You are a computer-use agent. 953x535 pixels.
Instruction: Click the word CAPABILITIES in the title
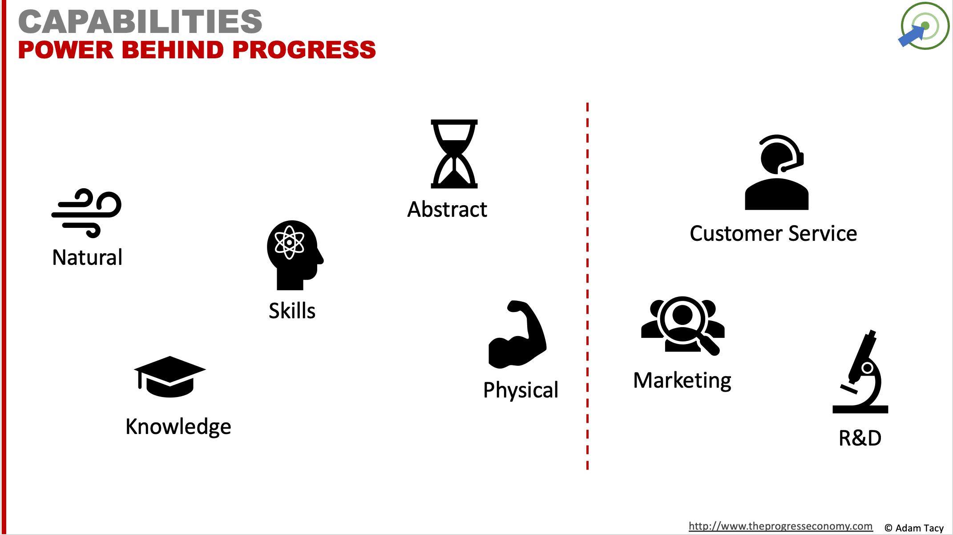[140, 22]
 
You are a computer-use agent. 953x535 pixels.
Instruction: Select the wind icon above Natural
[86, 213]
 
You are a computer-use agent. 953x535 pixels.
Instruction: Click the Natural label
[87, 257]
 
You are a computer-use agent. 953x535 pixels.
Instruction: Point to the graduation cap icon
[170, 377]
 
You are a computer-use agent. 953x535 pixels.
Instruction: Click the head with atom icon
[295, 255]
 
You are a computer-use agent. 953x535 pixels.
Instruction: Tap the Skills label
[292, 311]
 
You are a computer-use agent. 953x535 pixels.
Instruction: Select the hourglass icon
[454, 154]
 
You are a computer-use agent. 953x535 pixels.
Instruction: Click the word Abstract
[447, 209]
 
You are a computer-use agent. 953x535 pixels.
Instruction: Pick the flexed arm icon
[517, 335]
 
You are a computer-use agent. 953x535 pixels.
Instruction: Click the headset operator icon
[777, 172]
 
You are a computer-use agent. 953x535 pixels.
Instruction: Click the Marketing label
[682, 381]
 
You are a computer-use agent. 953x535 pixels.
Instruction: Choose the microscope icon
[860, 372]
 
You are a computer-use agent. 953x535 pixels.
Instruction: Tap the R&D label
[860, 438]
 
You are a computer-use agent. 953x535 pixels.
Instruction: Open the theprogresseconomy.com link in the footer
[780, 526]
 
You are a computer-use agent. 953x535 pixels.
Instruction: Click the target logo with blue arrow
[924, 26]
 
